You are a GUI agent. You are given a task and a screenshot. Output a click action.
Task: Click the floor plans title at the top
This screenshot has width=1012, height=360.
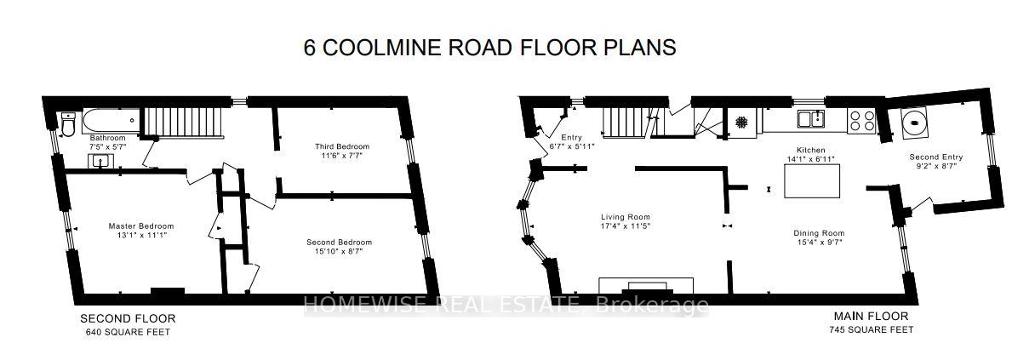[x=489, y=48]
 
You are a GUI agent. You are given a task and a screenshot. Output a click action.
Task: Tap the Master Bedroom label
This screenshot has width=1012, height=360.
[x=140, y=226]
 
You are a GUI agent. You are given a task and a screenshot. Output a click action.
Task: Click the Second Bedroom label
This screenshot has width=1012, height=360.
[x=339, y=242]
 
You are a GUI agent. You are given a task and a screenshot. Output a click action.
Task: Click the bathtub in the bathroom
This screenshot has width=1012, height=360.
[x=107, y=121]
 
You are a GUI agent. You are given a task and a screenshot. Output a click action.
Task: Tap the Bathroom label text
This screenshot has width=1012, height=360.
[x=108, y=138]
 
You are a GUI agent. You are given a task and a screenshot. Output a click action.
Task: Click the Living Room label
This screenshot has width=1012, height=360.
[x=625, y=216]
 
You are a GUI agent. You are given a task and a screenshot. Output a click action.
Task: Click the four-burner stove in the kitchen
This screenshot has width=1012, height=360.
[x=860, y=121]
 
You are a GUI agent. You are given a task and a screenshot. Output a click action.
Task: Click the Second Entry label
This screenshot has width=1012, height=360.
[x=935, y=157]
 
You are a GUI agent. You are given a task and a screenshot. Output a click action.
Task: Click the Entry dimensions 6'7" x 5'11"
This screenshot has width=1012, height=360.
[x=571, y=146]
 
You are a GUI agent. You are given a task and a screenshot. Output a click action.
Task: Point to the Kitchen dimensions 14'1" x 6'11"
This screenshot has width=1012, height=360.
[x=805, y=157]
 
